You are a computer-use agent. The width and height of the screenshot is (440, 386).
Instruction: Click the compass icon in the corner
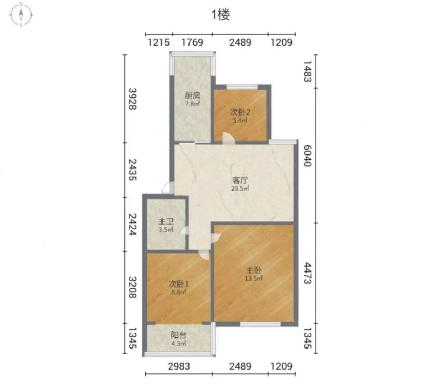[x=21, y=15]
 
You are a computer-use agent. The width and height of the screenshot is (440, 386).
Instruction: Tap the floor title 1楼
[x=220, y=15]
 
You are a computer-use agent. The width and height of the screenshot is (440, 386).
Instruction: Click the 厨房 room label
[x=192, y=96]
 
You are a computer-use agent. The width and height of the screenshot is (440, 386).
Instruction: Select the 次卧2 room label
[x=240, y=112]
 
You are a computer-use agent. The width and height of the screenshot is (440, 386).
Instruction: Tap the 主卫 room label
[x=166, y=222]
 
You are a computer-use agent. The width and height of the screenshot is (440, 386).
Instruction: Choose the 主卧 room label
[x=254, y=270]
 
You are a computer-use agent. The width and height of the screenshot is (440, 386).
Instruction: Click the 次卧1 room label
[x=179, y=284]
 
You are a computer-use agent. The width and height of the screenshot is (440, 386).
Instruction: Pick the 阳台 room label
[x=179, y=335]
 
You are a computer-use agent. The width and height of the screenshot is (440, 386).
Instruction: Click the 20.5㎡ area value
[x=240, y=188]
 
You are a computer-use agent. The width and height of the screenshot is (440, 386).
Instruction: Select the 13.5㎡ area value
[x=254, y=278]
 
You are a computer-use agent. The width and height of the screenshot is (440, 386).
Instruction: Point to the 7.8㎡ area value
[x=192, y=104]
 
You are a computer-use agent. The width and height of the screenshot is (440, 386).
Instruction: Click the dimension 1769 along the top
[x=192, y=42]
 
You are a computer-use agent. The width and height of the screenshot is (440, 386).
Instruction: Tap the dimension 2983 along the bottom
[x=179, y=366]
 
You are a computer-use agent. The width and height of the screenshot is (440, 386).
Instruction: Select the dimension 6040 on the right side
[x=308, y=156]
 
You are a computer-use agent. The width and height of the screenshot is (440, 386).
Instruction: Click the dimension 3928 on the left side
[x=132, y=99]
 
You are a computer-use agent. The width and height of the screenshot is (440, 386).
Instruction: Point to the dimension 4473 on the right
[x=308, y=273]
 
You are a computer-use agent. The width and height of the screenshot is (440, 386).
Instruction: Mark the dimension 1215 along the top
[x=159, y=42]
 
